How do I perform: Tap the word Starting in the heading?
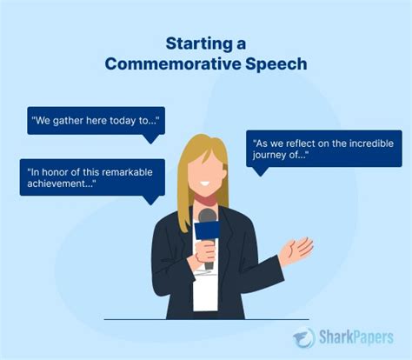[194, 43]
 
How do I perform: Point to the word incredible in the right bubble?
[371, 142]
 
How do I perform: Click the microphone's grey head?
[207, 216]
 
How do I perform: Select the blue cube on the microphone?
[207, 230]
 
